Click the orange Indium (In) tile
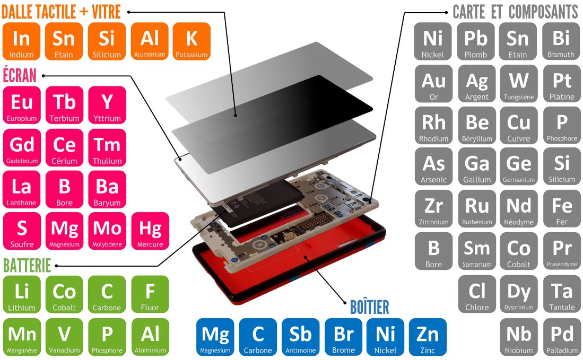tap(21, 41)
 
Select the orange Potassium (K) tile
tap(192, 41)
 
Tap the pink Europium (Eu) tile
tap(22, 105)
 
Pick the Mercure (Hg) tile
tap(150, 231)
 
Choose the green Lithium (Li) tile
tap(22, 294)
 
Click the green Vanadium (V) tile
tap(64, 337)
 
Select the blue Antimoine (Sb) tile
tap(300, 337)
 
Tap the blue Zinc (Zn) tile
tap(428, 337)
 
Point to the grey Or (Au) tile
tap(433, 83)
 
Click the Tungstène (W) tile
tap(518, 83)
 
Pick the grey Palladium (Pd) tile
tap(562, 337)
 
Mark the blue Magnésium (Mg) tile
tap(215, 337)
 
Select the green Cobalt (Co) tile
tap(64, 294)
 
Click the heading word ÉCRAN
tap(20, 75)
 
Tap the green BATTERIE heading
tap(27, 265)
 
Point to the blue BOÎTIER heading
tap(369, 306)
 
